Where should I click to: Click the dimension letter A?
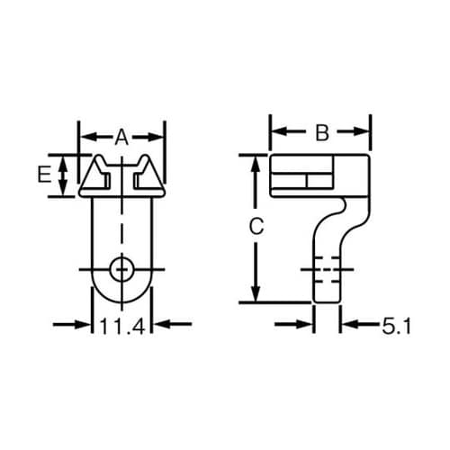click(121, 137)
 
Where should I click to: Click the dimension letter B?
click(321, 133)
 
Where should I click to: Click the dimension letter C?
click(256, 227)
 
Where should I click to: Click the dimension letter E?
click(42, 175)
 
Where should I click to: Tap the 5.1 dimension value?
click(397, 328)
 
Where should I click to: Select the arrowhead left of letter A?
click(88, 137)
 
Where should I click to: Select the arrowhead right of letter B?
click(364, 132)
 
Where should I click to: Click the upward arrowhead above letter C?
click(256, 161)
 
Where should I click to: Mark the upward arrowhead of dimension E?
click(62, 161)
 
